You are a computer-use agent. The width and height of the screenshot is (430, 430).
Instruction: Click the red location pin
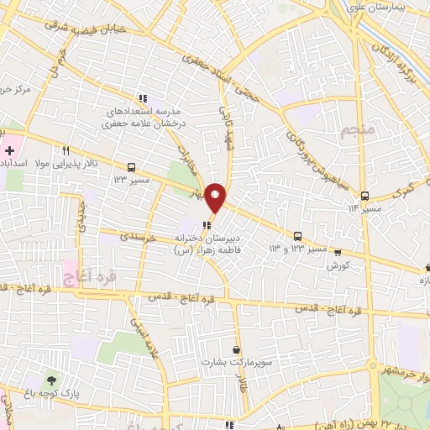216,197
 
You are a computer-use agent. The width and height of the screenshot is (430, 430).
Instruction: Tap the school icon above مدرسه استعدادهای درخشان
143,98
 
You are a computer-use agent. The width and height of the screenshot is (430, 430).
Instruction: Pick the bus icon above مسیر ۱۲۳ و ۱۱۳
297,236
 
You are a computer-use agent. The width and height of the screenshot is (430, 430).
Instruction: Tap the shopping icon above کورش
337,251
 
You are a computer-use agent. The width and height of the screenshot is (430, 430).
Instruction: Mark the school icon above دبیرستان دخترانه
207,223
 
